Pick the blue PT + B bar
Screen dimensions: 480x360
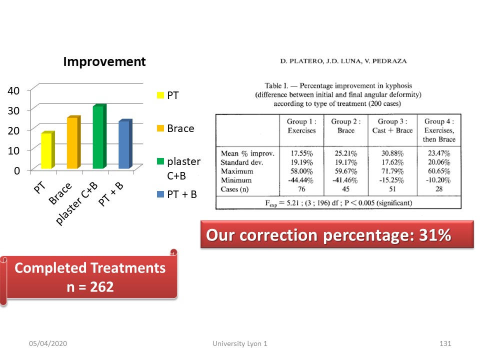(x=125, y=143)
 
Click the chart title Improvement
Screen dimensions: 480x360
(x=104, y=61)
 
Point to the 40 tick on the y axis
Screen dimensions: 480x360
(x=13, y=90)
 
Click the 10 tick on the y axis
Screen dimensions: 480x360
(x=13, y=150)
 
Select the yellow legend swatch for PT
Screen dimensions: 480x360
(x=160, y=95)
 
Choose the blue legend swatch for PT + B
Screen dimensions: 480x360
(x=160, y=194)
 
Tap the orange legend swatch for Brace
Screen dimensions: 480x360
(x=160, y=128)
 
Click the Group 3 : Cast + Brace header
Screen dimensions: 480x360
(x=392, y=126)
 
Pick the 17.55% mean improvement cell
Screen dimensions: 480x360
(x=301, y=153)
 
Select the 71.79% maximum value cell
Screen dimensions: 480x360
(x=392, y=171)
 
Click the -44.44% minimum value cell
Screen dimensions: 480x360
(x=300, y=180)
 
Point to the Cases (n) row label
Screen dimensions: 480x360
(x=234, y=189)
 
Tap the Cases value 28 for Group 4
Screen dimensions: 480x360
(x=439, y=189)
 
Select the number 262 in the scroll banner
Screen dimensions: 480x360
(x=101, y=287)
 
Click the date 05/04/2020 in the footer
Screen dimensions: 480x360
(x=48, y=343)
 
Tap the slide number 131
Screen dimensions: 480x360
(x=445, y=343)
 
